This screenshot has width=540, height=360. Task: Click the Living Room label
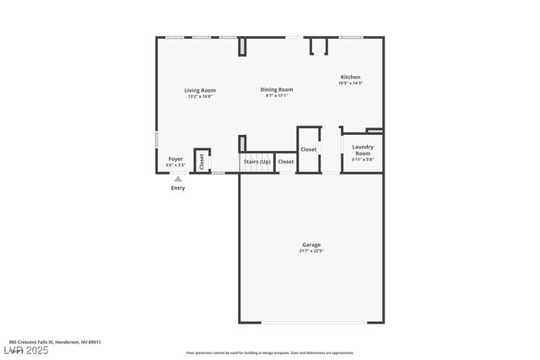pos(200,90)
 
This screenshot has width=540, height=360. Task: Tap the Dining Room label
pos(277,89)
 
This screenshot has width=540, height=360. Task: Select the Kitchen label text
pos(350,77)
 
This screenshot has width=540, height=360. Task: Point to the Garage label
pos(311,245)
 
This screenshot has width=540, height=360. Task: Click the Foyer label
pos(175,159)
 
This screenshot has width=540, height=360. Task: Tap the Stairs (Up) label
pos(257,161)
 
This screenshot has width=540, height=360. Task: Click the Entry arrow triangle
pos(178,179)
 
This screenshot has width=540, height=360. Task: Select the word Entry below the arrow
pos(178,188)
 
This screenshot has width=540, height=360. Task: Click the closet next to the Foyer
pos(202,160)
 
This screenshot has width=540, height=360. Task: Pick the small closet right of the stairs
pos(286,161)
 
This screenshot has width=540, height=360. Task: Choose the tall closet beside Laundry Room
pos(309,149)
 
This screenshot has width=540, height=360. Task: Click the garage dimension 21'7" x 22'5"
pos(311,251)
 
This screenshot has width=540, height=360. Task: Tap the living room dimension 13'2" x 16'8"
pos(200,96)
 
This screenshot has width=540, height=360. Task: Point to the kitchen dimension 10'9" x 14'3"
pos(350,83)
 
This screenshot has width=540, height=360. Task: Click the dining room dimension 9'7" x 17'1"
pos(277,95)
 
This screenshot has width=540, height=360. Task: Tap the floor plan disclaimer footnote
pos(270,353)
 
